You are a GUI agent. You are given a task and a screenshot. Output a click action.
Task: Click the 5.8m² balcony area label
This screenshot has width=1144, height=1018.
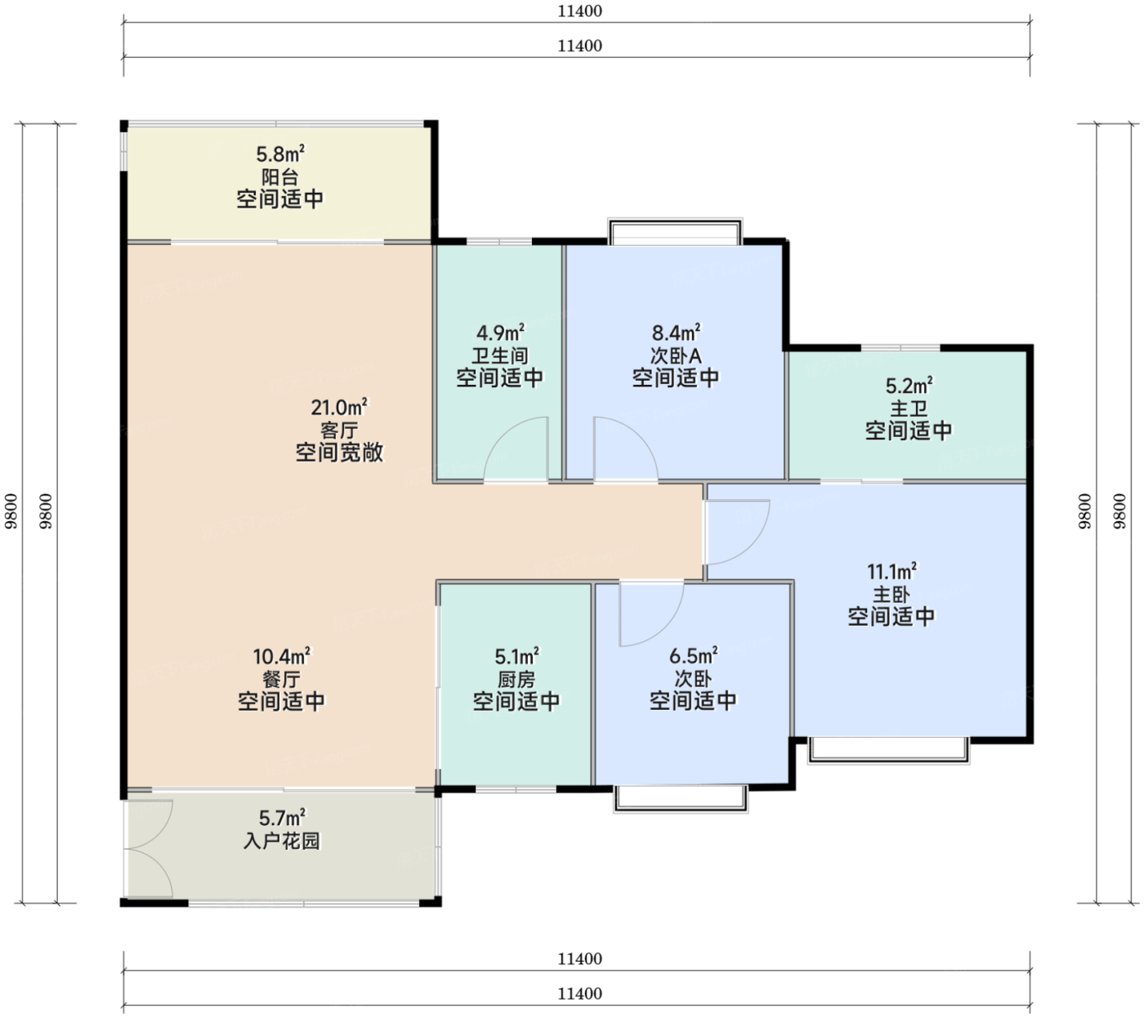click(x=280, y=154)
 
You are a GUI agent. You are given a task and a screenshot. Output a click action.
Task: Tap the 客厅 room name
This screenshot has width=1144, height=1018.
click(x=339, y=431)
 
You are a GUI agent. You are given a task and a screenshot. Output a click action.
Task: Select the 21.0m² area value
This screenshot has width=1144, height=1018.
click(x=339, y=407)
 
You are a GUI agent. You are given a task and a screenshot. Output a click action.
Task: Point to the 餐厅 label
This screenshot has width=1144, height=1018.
click(x=281, y=679)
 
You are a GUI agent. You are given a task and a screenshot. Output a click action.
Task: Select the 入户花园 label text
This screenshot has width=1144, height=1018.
click(x=282, y=842)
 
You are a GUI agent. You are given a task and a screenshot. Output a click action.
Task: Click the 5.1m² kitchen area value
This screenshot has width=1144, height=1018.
click(x=516, y=656)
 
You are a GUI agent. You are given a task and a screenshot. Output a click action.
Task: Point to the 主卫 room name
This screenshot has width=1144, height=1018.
click(x=909, y=409)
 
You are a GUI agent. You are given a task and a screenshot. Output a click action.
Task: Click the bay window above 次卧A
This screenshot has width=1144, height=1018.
click(x=675, y=231)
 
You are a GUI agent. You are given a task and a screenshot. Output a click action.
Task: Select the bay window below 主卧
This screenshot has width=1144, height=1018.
click(x=889, y=750)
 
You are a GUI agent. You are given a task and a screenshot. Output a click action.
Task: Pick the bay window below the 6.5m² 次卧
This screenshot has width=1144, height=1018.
click(x=681, y=799)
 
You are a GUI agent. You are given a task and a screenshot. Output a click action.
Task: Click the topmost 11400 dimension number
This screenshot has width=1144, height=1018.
click(x=579, y=11)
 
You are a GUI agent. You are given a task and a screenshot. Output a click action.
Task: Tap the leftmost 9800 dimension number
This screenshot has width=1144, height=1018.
click(x=11, y=511)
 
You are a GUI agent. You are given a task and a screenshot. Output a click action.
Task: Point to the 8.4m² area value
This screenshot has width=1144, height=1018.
click(x=676, y=333)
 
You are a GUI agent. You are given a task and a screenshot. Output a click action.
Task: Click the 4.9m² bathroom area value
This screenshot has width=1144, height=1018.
click(x=500, y=333)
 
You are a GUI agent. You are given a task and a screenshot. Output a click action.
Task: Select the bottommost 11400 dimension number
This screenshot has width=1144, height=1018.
click(x=579, y=993)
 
